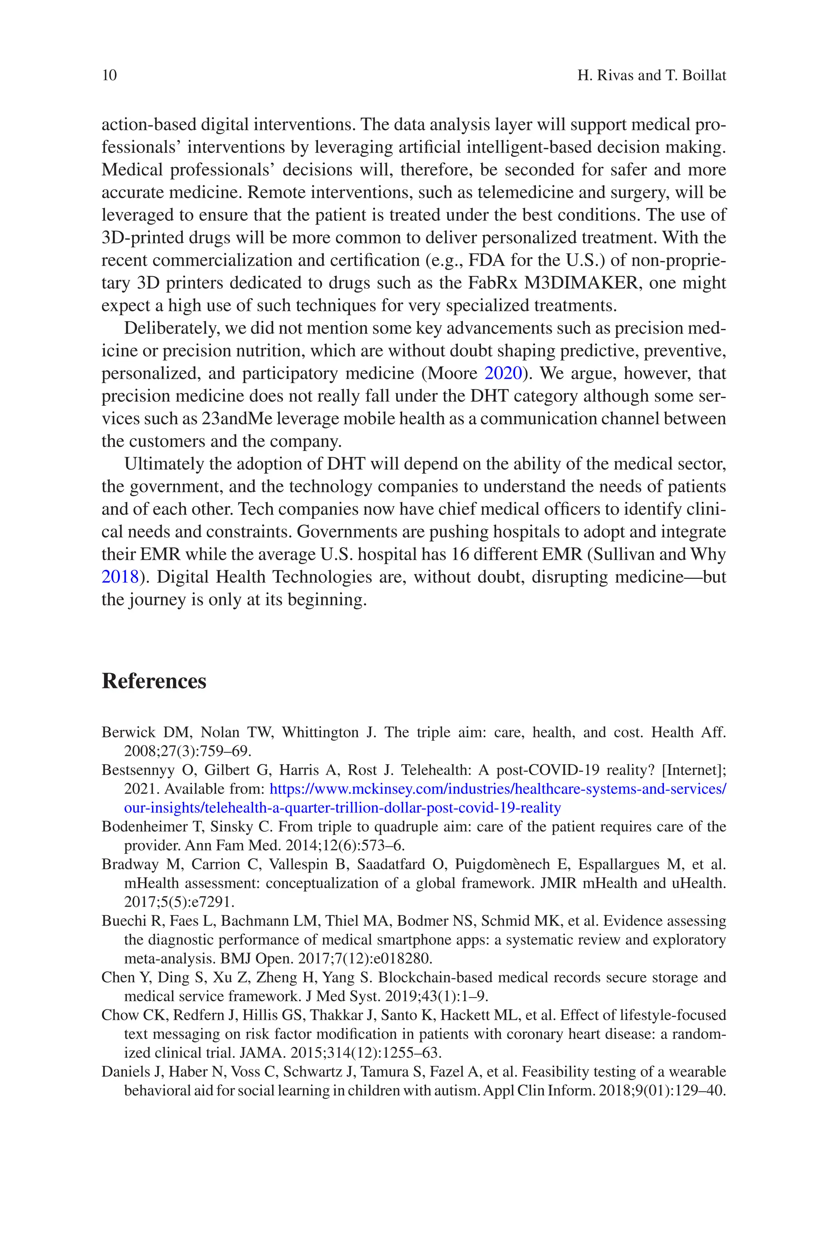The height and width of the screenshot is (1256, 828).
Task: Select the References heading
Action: coord(154,681)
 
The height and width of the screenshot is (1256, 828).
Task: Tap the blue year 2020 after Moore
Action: coord(503,373)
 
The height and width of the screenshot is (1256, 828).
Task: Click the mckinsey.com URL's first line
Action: coord(497,789)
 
